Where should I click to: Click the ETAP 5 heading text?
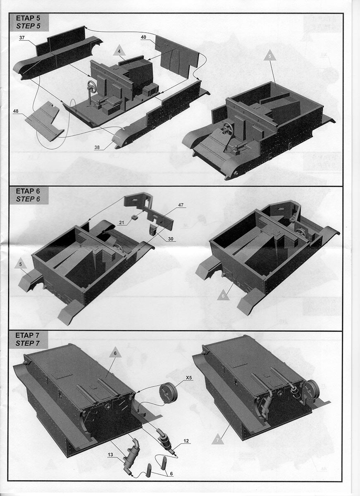click(28, 18)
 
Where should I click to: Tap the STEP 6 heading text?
click(28, 199)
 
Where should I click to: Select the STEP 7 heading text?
click(27, 343)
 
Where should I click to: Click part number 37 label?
click(22, 38)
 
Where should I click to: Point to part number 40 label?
click(143, 37)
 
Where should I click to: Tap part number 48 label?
click(16, 111)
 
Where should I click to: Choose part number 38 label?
click(97, 147)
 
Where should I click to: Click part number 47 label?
click(181, 205)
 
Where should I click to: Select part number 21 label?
click(122, 222)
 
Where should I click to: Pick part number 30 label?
click(171, 239)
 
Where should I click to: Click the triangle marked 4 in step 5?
click(119, 52)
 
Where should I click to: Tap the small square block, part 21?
click(134, 217)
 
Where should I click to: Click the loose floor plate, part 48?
click(45, 121)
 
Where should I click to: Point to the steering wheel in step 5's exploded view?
click(92, 86)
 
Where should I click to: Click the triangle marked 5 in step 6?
click(21, 264)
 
